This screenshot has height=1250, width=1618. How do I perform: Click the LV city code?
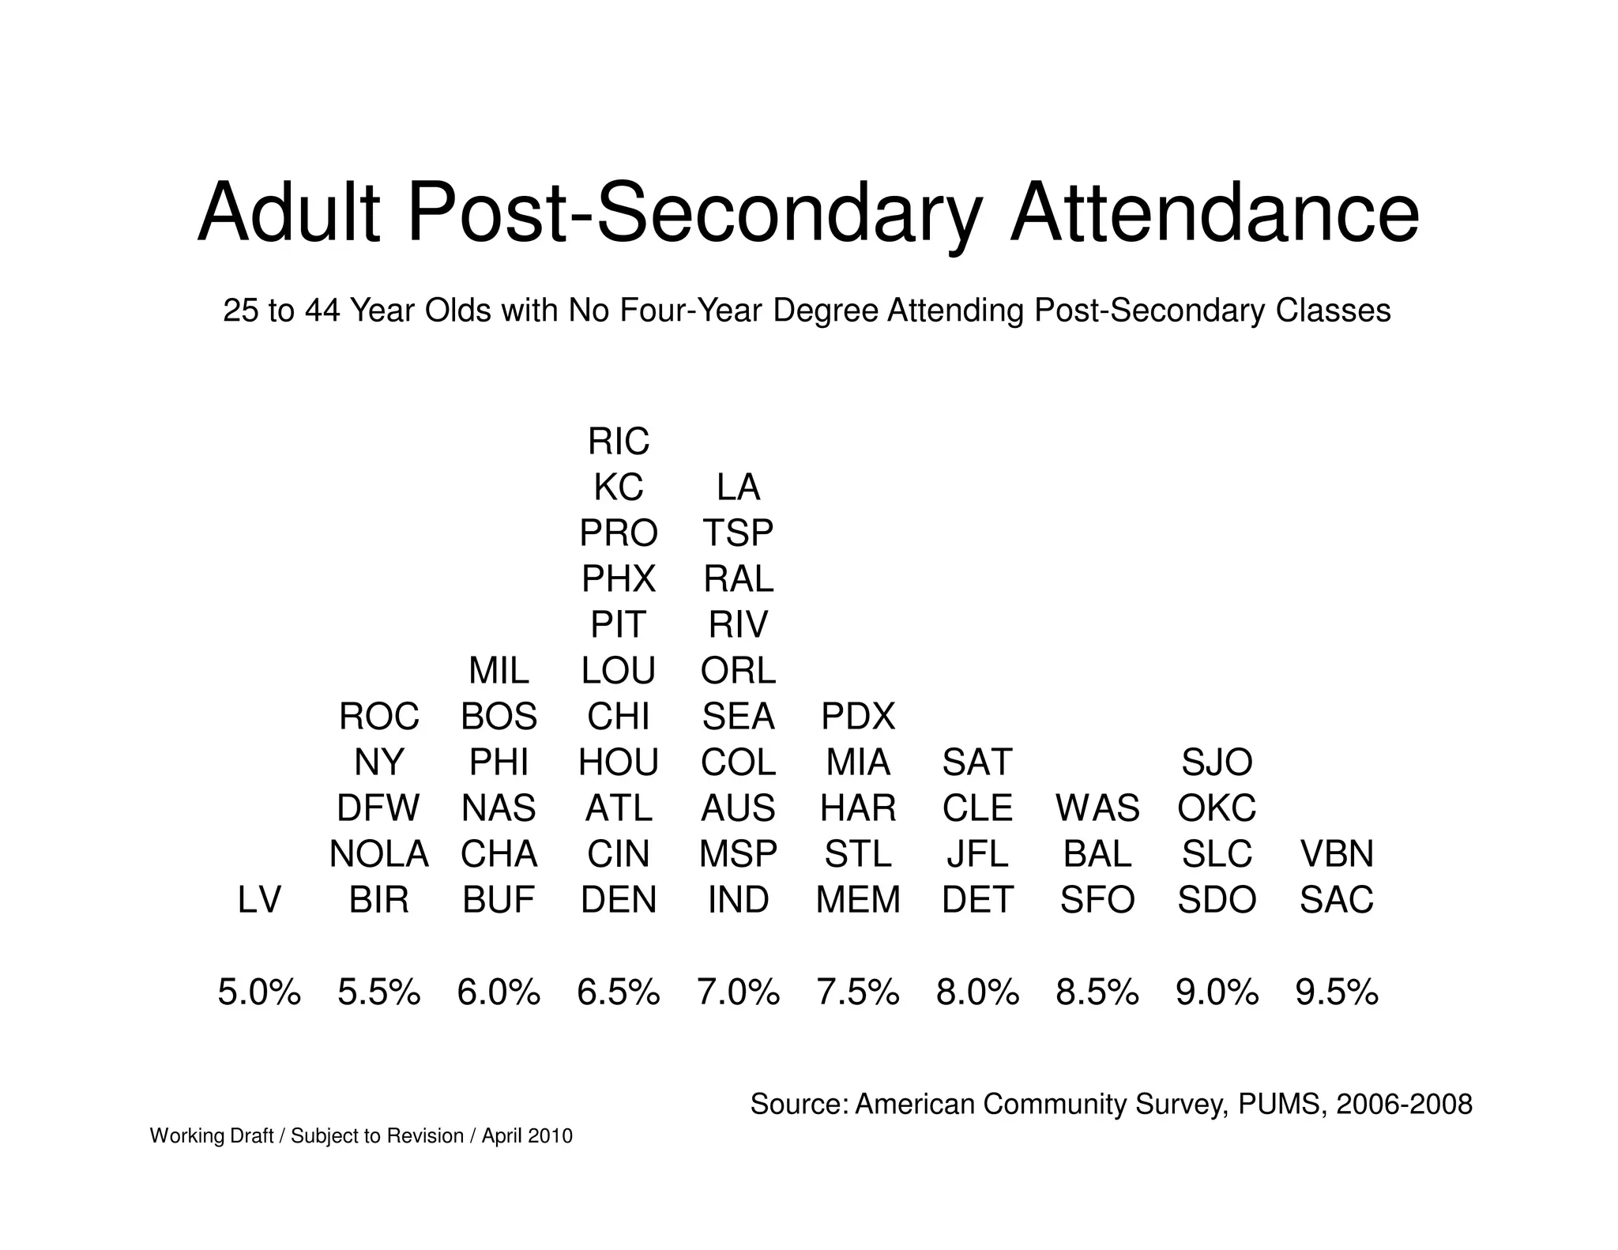coord(259,900)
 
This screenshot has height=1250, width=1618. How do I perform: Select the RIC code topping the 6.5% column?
coord(618,442)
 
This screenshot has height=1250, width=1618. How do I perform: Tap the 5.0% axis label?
coord(259,992)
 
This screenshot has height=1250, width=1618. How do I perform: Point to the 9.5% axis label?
coord(1337,992)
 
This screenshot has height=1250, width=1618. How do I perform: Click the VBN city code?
coord(1337,854)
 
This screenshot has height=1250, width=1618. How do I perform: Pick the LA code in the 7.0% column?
coord(738,488)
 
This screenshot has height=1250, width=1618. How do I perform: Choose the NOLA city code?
coord(378,854)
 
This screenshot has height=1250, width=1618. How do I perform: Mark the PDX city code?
coord(858,717)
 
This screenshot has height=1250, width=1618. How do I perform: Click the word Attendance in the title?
coord(1214,214)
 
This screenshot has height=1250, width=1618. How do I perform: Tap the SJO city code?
coord(1217,762)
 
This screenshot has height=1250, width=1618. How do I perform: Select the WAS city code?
coord(1097,808)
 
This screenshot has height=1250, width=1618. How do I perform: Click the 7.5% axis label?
coord(858,992)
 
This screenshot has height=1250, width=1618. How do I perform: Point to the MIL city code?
coord(499,672)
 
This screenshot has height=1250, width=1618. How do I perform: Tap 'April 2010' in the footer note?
coord(527,1136)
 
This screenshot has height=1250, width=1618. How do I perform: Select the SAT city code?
coord(977,762)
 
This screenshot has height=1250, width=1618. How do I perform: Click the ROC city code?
coord(378,717)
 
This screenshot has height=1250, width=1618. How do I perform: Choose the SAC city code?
coord(1337,900)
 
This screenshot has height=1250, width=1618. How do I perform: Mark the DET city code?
coord(977,900)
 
